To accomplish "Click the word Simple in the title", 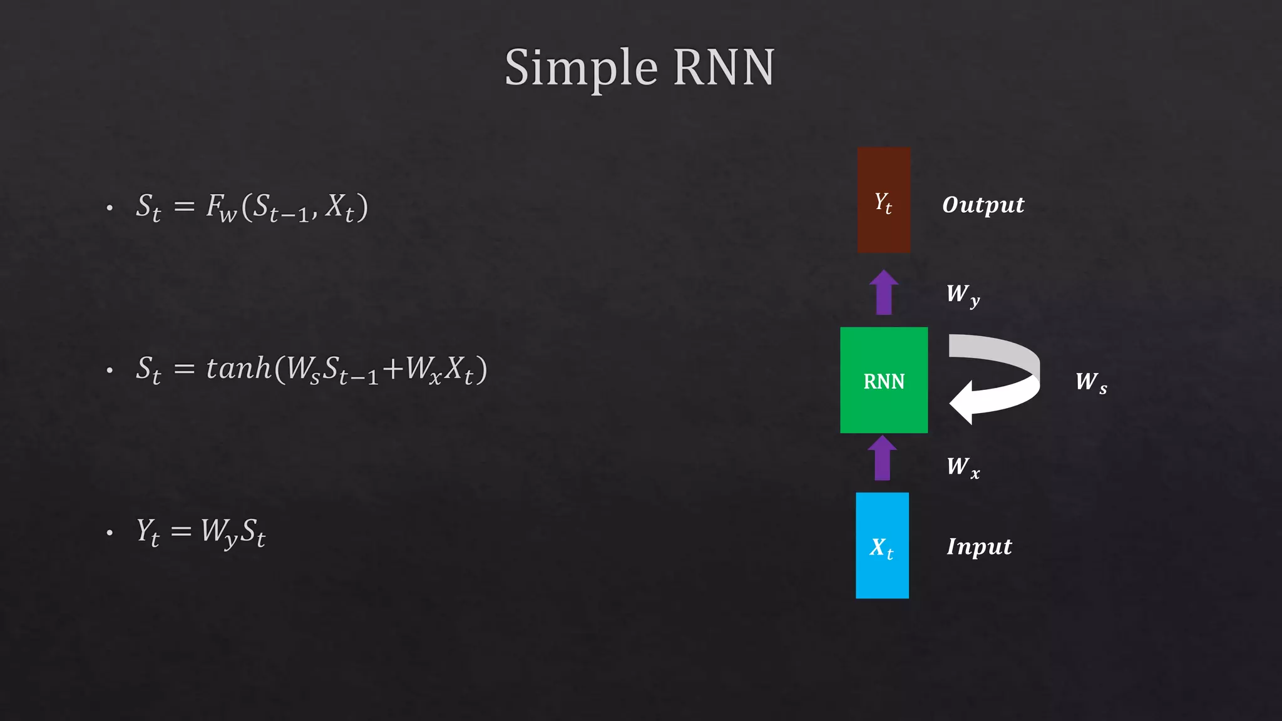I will pyautogui.click(x=581, y=68).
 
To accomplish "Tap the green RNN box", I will pyautogui.click(x=883, y=380).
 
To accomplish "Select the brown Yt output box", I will pyautogui.click(x=883, y=200).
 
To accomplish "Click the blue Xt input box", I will pyautogui.click(x=882, y=545).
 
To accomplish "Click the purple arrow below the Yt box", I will pyautogui.click(x=884, y=293).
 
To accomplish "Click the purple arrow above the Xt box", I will pyautogui.click(x=882, y=459).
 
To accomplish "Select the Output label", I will pyautogui.click(x=983, y=205).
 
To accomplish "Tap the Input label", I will pyautogui.click(x=979, y=546).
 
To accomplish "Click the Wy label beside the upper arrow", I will pyautogui.click(x=962, y=294).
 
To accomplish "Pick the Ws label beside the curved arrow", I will pyautogui.click(x=1090, y=382).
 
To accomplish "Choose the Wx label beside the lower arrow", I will pyautogui.click(x=962, y=467).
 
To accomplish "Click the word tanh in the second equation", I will pyautogui.click(x=238, y=368).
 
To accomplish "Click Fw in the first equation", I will pyautogui.click(x=221, y=207).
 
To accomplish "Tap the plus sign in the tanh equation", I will pyautogui.click(x=392, y=369).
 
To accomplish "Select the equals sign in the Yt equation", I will pyautogui.click(x=181, y=531).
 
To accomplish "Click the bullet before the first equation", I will pyautogui.click(x=110, y=208).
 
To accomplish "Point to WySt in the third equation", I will pyautogui.click(x=233, y=532).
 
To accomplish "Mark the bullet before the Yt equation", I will pyautogui.click(x=110, y=533).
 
